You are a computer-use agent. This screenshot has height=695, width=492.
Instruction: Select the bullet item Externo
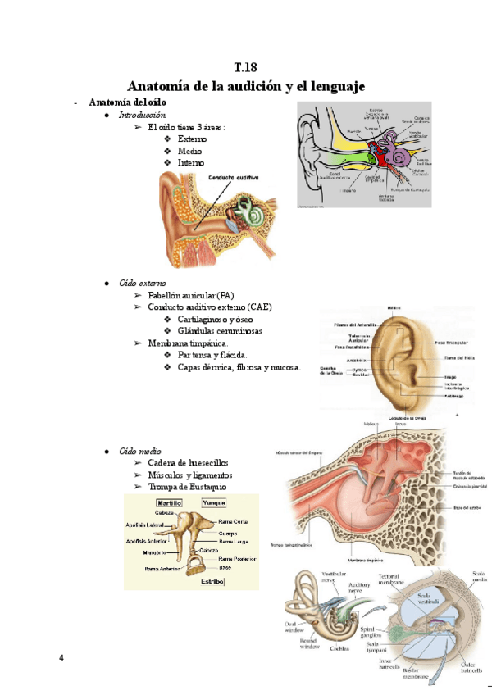coord(192,139)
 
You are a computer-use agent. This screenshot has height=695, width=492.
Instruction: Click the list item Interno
coord(190,162)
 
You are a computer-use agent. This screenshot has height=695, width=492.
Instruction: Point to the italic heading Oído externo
coord(143,282)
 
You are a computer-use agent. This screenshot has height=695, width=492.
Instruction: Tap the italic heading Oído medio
coord(140,452)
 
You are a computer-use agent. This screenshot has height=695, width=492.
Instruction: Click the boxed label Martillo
coord(170,502)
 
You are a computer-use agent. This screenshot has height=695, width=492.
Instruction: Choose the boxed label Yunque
coord(214,502)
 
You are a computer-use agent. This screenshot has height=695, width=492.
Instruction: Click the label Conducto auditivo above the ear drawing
coord(234,177)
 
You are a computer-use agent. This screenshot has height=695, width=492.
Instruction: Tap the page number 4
coord(61,658)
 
